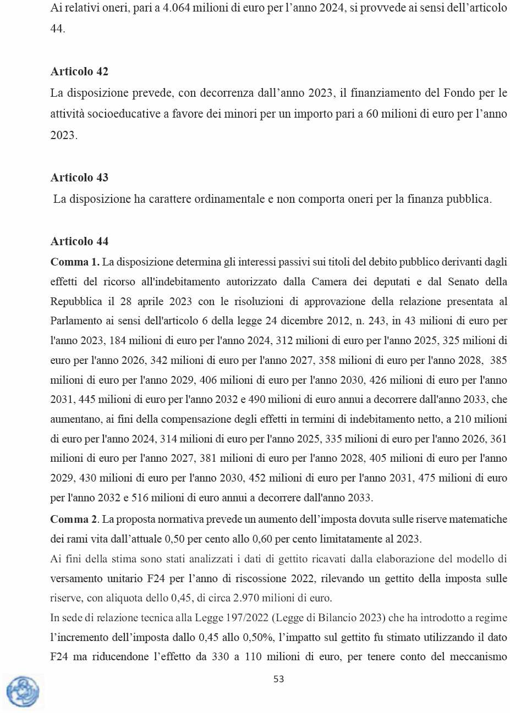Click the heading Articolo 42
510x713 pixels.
pyautogui.click(x=79, y=71)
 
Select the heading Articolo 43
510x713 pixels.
pyautogui.click(x=79, y=178)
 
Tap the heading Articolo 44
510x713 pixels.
pyautogui.click(x=79, y=241)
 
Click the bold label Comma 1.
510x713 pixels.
pyautogui.click(x=75, y=262)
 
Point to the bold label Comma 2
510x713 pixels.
pyautogui.click(x=74, y=519)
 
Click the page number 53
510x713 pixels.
pyautogui.click(x=279, y=679)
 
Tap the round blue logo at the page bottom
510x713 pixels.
pyautogui.click(x=23, y=692)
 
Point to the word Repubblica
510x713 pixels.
pyautogui.click(x=76, y=301)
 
